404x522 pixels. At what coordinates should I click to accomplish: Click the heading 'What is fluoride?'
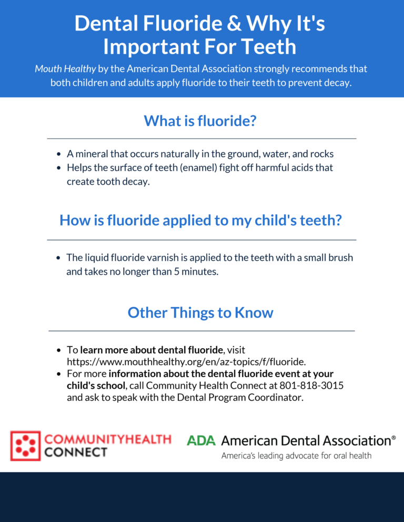tap(200, 120)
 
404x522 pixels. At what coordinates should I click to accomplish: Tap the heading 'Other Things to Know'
tap(200, 312)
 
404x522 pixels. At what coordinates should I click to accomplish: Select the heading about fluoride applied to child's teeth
tap(200, 221)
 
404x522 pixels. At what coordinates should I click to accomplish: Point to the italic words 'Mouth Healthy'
tap(65, 69)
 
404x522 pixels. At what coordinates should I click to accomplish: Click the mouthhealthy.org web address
tap(186, 361)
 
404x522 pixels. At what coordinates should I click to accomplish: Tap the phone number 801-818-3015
tap(311, 385)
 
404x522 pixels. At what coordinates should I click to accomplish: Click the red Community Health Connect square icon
tap(25, 446)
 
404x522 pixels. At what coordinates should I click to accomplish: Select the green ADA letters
tap(201, 441)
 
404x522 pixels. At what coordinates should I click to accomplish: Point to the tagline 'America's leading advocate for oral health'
tap(296, 455)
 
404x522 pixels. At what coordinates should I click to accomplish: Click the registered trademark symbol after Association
tap(393, 437)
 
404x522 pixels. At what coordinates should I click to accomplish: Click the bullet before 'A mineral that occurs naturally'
tap(59, 154)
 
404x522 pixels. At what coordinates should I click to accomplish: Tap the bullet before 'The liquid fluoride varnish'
tap(58, 258)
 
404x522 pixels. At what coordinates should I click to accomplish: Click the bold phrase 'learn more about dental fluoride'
tap(151, 350)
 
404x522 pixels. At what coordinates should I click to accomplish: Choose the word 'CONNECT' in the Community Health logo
tap(76, 452)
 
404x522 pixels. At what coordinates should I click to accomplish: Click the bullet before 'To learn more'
tap(59, 350)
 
